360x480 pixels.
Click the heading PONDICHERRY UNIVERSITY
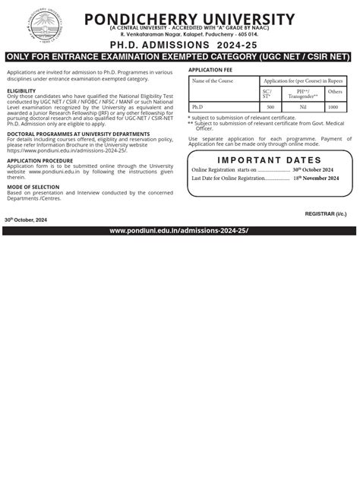tap(190, 19)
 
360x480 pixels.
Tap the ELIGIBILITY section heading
tap(21, 90)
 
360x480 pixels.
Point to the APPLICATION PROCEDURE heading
tap(40, 161)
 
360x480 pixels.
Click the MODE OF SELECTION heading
tap(35, 186)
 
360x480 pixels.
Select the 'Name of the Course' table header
tap(213, 80)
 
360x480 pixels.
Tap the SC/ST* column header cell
tap(266, 93)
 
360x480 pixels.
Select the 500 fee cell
tap(270, 107)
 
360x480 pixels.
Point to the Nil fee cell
tap(302, 107)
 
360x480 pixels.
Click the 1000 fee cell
tap(333, 107)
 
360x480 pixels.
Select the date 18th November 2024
tap(315, 178)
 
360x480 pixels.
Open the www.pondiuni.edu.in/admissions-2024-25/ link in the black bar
tap(178, 230)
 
